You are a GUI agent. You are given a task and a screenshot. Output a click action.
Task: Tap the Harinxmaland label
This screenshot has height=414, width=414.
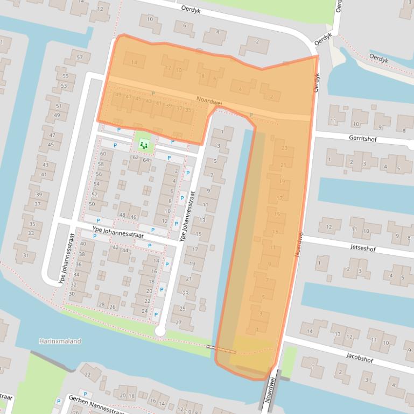point(60,341)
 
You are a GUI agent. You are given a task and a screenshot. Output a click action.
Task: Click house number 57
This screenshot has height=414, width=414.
point(80,58)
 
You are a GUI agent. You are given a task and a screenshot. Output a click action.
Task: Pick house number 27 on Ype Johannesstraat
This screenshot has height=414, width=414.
point(179,322)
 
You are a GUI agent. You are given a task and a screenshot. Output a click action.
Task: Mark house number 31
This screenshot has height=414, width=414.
point(25,255)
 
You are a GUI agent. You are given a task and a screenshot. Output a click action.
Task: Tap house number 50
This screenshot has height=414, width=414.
point(92,204)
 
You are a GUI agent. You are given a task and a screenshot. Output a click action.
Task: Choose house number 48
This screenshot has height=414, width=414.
point(123,216)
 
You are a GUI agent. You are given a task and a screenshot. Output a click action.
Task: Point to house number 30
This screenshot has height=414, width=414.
point(72,294)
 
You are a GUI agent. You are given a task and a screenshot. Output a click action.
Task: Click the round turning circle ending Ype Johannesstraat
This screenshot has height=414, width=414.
point(160,332)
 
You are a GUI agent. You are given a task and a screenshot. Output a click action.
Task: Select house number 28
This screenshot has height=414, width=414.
point(101,304)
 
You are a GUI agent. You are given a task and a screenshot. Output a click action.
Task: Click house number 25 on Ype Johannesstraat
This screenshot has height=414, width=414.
point(183,309)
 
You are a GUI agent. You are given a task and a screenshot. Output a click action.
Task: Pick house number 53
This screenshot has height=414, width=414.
point(64,85)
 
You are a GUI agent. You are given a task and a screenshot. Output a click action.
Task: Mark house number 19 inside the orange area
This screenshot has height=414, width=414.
point(282,182)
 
